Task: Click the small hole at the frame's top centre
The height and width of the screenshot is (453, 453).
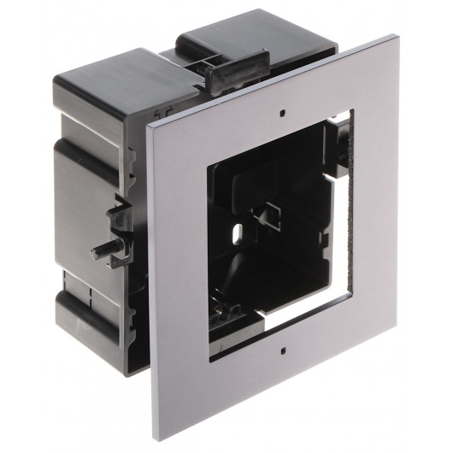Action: click(281, 110)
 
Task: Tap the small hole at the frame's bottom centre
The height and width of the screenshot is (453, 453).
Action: click(280, 350)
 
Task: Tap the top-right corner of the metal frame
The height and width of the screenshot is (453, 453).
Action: click(395, 36)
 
